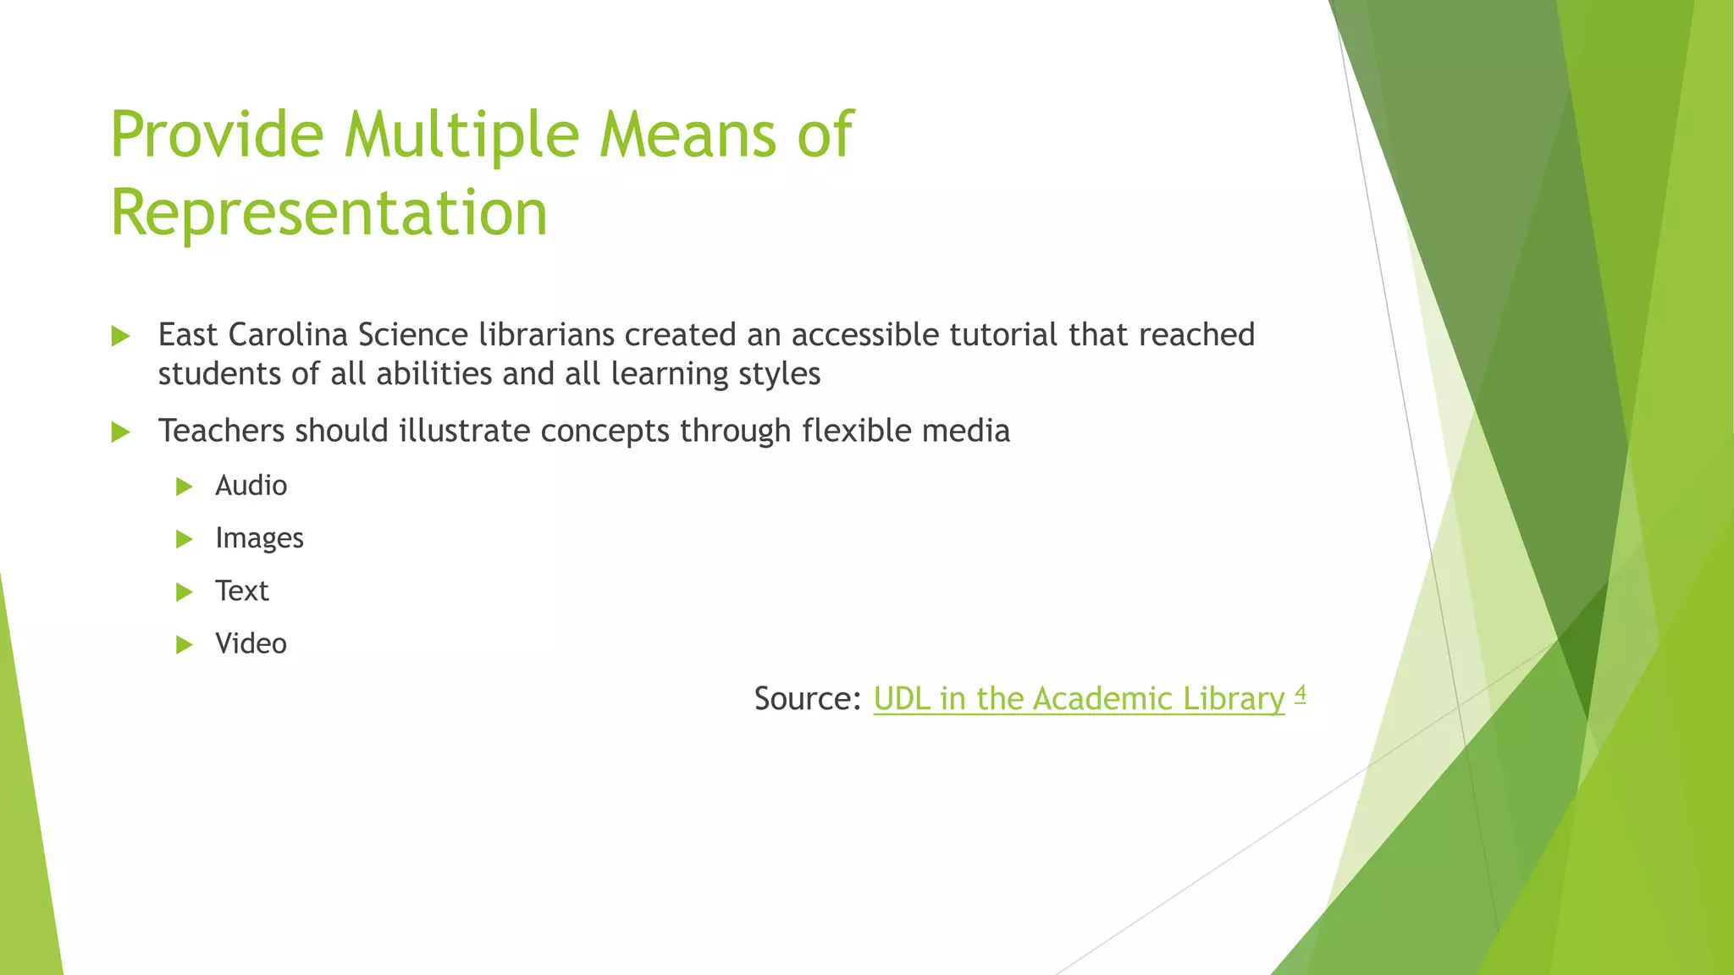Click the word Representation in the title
coord(329,212)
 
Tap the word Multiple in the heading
coord(462,135)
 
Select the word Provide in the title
coord(217,135)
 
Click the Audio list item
coord(251,486)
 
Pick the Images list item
coord(259,538)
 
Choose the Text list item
coord(241,591)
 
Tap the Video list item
coord(251,644)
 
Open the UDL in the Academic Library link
coord(1079,699)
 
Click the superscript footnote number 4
coord(1300,694)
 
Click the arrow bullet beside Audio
coord(185,487)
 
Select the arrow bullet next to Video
coord(185,645)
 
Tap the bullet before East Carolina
coord(120,337)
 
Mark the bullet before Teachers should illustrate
coord(120,432)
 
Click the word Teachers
coord(221,431)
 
